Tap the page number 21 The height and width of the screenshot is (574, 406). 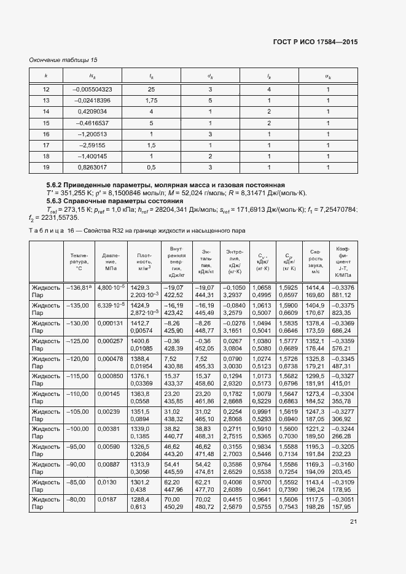pyautogui.click(x=353, y=522)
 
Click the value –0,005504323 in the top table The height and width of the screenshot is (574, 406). pyautogui.click(x=92, y=90)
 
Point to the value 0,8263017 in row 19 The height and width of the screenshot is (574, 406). pyautogui.click(x=92, y=167)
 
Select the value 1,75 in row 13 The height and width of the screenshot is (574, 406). pyautogui.click(x=151, y=101)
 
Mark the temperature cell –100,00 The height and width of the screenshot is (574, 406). pyautogui.click(x=79, y=430)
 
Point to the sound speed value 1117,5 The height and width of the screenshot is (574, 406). pyautogui.click(x=315, y=501)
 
